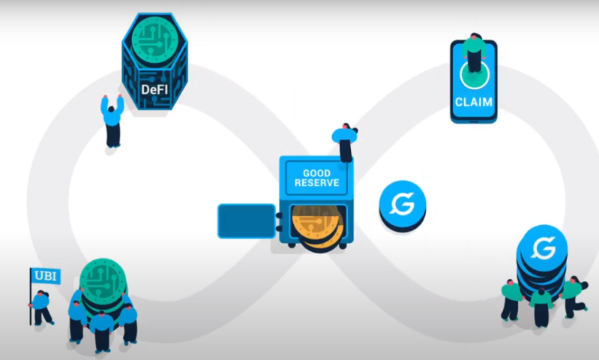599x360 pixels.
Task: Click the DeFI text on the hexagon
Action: tap(154, 89)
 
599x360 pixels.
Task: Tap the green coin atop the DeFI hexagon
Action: tap(154, 40)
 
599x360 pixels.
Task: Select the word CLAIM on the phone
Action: tap(474, 102)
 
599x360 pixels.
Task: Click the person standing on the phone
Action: tap(474, 52)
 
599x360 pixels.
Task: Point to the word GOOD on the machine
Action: tap(316, 173)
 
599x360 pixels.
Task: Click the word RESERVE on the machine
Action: tap(316, 183)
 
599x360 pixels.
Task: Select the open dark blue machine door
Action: tap(247, 221)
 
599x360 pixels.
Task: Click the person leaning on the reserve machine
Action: tap(345, 142)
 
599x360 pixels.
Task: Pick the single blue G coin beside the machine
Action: tap(403, 205)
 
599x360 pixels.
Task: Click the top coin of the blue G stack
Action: tap(543, 247)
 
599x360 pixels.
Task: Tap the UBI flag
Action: tap(46, 275)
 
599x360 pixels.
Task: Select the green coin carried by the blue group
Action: tap(103, 282)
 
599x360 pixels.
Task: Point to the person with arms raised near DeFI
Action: tap(112, 121)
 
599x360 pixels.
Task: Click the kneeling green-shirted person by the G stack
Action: tap(574, 296)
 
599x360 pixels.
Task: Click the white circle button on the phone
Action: tap(475, 75)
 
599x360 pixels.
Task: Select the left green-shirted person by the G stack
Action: tap(511, 300)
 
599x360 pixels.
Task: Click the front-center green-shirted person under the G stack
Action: tap(541, 307)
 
